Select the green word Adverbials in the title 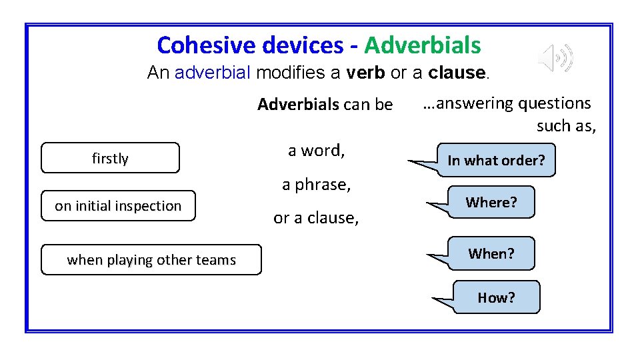(423, 45)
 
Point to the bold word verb (365, 73)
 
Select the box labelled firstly (110, 158)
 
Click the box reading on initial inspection (118, 206)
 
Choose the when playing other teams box (151, 260)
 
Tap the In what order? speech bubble (496, 161)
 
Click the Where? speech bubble (491, 202)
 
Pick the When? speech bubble (491, 253)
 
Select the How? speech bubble (496, 297)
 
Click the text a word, (316, 151)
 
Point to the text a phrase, (316, 185)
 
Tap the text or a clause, (316, 218)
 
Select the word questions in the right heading (554, 103)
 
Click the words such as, (565, 125)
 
